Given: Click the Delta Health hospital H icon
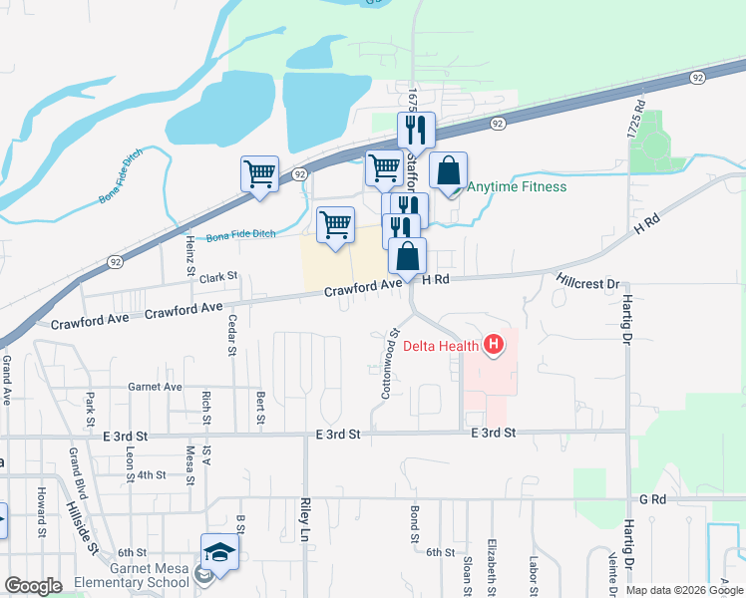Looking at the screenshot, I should [x=492, y=347].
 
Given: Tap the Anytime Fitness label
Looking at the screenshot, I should [x=517, y=187].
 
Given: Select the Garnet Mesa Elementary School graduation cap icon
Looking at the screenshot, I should [x=219, y=551].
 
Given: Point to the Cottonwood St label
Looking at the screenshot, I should [x=391, y=365].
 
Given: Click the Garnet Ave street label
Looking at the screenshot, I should [x=155, y=387].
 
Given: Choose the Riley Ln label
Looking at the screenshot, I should [x=304, y=520].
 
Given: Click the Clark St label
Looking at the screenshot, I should [x=219, y=276].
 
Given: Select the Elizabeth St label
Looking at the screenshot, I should [x=492, y=564].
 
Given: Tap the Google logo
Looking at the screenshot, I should [x=33, y=586].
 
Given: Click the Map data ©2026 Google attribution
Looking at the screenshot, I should [x=684, y=590].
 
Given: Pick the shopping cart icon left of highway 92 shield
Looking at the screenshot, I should [x=259, y=173].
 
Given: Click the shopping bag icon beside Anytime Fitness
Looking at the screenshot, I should [x=449, y=169].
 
